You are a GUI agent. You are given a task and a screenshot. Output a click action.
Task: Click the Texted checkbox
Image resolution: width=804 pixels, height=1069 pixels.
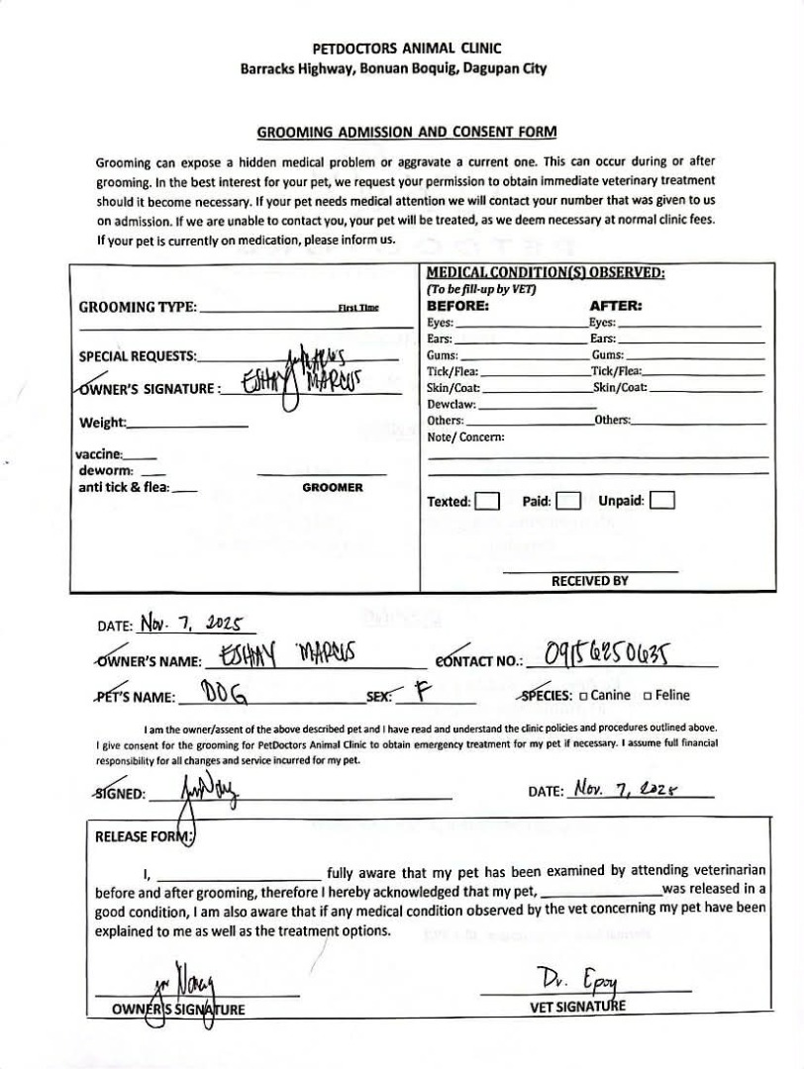[x=486, y=501]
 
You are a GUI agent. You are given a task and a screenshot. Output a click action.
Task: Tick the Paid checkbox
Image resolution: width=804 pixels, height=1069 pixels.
[x=567, y=501]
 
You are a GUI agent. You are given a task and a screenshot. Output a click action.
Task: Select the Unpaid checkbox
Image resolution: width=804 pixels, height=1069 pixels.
[x=662, y=501]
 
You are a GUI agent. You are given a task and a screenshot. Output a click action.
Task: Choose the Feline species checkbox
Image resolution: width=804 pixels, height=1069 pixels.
[x=648, y=695]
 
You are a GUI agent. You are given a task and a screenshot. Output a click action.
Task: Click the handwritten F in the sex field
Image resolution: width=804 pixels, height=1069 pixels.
[x=420, y=692]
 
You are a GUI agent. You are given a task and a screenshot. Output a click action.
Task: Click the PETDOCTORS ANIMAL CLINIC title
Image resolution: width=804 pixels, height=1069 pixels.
[x=407, y=48]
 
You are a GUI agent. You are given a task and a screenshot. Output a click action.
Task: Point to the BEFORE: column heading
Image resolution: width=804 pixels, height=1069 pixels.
[x=457, y=306]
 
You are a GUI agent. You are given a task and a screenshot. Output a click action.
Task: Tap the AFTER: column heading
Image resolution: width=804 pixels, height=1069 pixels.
[x=616, y=306]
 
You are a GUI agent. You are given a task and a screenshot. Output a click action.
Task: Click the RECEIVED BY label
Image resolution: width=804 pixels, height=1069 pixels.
[x=589, y=581]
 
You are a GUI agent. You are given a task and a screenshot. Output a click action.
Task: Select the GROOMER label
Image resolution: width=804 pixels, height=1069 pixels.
[x=332, y=488]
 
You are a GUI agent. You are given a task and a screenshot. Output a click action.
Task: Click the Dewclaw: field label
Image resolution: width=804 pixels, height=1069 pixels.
[x=452, y=404]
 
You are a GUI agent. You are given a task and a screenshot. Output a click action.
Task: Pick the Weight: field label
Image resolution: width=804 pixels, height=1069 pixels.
[x=103, y=424]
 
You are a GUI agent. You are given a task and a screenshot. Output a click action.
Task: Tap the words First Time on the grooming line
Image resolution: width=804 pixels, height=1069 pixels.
[x=358, y=308]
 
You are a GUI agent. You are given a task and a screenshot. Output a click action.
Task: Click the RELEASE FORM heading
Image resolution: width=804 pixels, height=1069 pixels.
[x=145, y=836]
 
